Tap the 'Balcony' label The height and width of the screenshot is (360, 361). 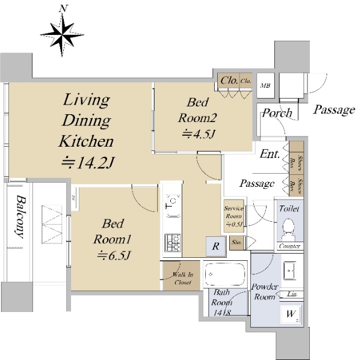click(x=20, y=216)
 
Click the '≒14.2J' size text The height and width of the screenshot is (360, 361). click(x=88, y=162)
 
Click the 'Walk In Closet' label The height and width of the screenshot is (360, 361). click(x=182, y=278)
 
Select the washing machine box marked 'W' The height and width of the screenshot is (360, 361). click(x=291, y=314)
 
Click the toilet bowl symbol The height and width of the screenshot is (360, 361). click(x=288, y=228)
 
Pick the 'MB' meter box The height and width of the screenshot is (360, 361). click(x=264, y=85)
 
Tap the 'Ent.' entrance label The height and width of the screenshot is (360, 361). click(x=270, y=154)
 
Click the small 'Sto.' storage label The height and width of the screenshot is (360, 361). click(x=236, y=243)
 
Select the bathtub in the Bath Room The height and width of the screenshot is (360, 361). click(x=224, y=276)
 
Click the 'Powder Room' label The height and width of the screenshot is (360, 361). click(x=265, y=291)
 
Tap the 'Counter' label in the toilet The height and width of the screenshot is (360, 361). click(x=289, y=246)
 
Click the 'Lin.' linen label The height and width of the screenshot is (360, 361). click(x=292, y=294)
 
